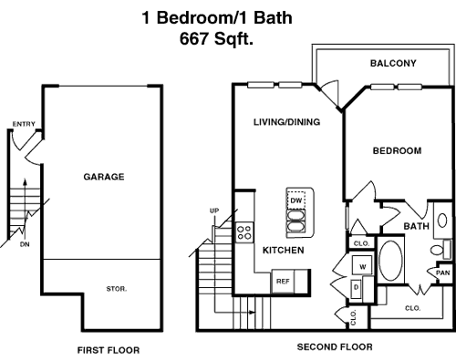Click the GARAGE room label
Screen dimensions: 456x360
104,177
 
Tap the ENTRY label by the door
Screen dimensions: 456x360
24,124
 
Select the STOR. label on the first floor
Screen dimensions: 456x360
117,289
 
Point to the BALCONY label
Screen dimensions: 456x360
393,63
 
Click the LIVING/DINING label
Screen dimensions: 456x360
286,122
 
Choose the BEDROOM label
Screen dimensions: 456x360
397,150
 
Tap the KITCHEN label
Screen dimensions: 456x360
283,251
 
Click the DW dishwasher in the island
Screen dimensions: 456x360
296,201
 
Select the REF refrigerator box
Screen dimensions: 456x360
283,282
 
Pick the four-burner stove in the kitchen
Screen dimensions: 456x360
244,232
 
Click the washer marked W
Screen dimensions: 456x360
362,265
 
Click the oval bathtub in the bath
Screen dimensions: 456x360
390,261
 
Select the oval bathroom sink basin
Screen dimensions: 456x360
442,221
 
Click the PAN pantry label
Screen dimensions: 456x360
442,273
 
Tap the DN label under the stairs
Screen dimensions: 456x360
25,244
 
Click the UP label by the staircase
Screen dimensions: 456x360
214,211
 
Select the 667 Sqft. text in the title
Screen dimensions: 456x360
216,38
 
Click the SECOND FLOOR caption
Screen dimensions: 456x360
335,346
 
